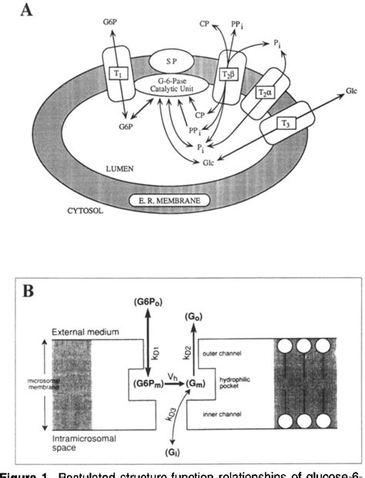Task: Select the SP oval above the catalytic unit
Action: (x=178, y=58)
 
